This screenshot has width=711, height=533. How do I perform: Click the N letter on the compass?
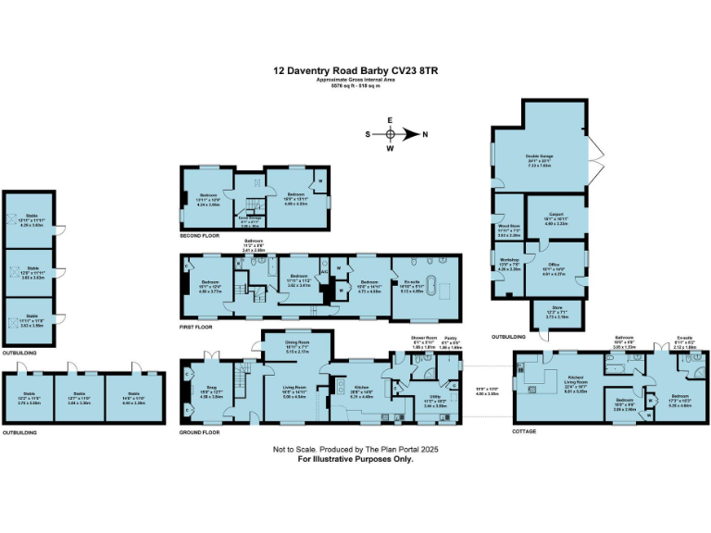coord(425,134)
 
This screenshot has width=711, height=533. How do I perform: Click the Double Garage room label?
coord(539,155)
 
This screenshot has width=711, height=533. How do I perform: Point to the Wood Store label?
coord(509,226)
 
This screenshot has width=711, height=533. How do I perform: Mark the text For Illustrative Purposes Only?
coord(355,459)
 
